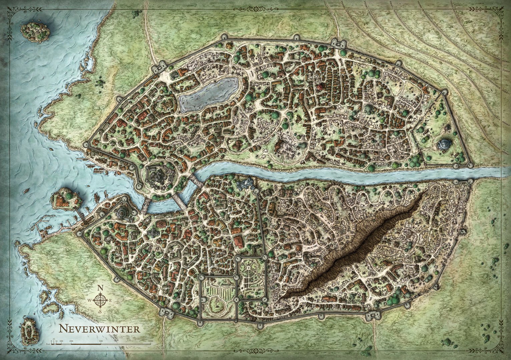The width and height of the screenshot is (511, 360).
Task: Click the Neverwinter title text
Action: point(95,329)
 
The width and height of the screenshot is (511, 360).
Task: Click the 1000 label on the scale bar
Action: point(150,341)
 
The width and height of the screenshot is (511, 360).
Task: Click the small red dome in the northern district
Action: point(320,87)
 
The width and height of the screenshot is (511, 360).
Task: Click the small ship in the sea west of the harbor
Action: point(26,192)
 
